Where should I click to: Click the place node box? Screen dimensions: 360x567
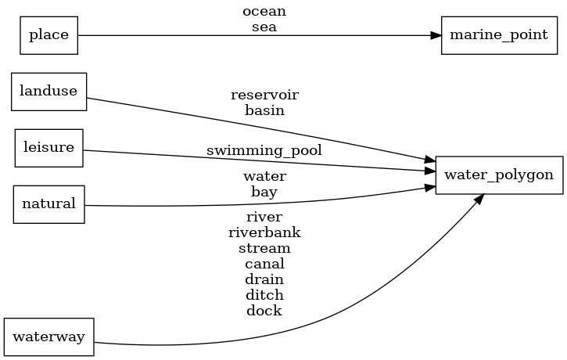pos(48,35)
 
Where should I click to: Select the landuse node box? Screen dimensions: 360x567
pos(48,91)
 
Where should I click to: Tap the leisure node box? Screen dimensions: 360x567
pos(48,148)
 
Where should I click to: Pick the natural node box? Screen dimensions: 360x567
pos(48,204)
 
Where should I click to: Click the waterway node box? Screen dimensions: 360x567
pos(48,337)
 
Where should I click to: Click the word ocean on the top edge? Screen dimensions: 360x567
pos(264,12)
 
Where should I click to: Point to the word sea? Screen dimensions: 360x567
pos(264,27)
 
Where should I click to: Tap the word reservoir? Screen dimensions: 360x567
pos(264,95)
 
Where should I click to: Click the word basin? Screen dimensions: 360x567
pos(264,110)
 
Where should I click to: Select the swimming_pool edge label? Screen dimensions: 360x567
pos(264,149)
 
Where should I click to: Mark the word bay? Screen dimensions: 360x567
pos(264,191)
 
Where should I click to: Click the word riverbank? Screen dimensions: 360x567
pos(264,232)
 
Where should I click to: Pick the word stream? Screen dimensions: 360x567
pos(264,248)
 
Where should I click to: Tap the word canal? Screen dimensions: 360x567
pos(264,264)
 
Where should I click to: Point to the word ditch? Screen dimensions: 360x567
pos(264,295)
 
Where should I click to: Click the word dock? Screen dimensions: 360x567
pos(264,311)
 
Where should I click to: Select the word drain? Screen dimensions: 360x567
pos(264,279)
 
